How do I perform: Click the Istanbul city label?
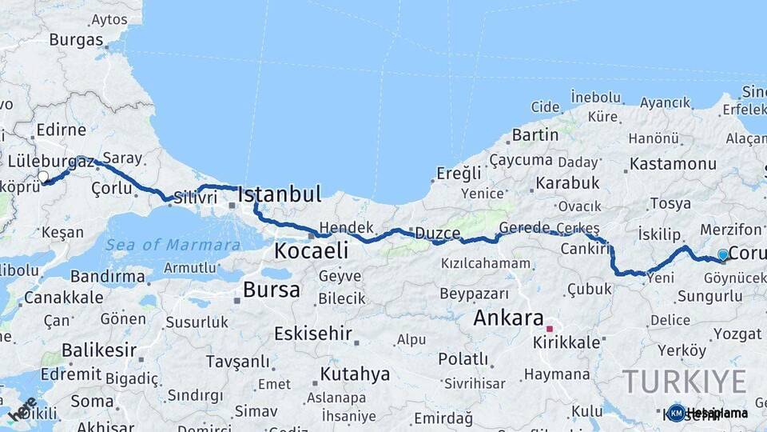[280, 194]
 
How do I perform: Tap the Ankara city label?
[508, 318]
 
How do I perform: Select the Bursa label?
[272, 290]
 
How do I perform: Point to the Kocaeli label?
[311, 250]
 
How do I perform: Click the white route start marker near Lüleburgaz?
[43, 177]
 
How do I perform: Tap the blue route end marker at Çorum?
[723, 254]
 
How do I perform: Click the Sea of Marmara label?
[173, 245]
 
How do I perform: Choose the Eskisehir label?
[313, 333]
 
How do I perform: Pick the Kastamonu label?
[673, 164]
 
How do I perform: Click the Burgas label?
[76, 39]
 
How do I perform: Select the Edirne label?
[60, 130]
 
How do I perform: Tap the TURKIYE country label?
[684, 381]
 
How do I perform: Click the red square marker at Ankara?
[549, 328]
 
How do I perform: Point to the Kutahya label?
[355, 374]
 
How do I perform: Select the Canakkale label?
[64, 298]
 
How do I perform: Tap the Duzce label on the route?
[436, 234]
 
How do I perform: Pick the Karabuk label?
[567, 183]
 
